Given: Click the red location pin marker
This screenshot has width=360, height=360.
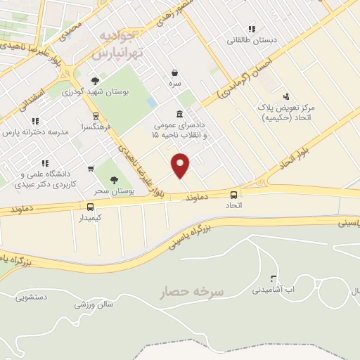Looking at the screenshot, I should click(x=181, y=165).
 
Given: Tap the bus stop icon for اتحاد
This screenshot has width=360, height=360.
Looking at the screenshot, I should click(x=234, y=194).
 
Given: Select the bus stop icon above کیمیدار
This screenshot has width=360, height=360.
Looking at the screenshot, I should click(x=90, y=207).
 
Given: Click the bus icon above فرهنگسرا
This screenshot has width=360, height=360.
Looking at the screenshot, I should click(x=95, y=117).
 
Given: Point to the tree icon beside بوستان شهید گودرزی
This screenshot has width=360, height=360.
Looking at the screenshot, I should click(x=95, y=81).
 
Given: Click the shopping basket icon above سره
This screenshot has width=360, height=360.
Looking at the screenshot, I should click(x=174, y=72).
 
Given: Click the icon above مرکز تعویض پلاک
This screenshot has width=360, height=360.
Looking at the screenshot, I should click(x=285, y=96).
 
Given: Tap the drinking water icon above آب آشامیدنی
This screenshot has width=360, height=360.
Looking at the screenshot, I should click(x=274, y=278).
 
